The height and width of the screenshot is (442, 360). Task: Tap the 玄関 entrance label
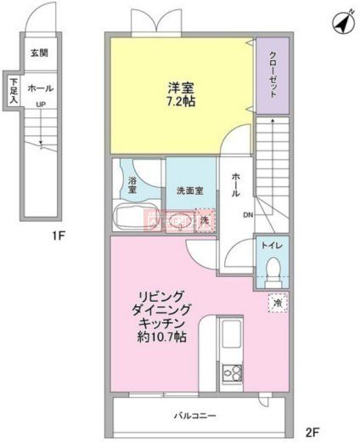(x=39, y=54)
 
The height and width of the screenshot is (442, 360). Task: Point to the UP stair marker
(x=40, y=105)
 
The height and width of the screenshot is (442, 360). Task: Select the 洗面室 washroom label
(x=188, y=190)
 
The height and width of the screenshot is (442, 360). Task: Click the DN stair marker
(x=249, y=215)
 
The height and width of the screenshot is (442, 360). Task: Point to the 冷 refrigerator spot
(x=276, y=302)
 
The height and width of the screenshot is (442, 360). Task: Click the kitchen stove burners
(x=230, y=371)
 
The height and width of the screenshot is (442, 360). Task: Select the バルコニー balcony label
(x=196, y=416)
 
